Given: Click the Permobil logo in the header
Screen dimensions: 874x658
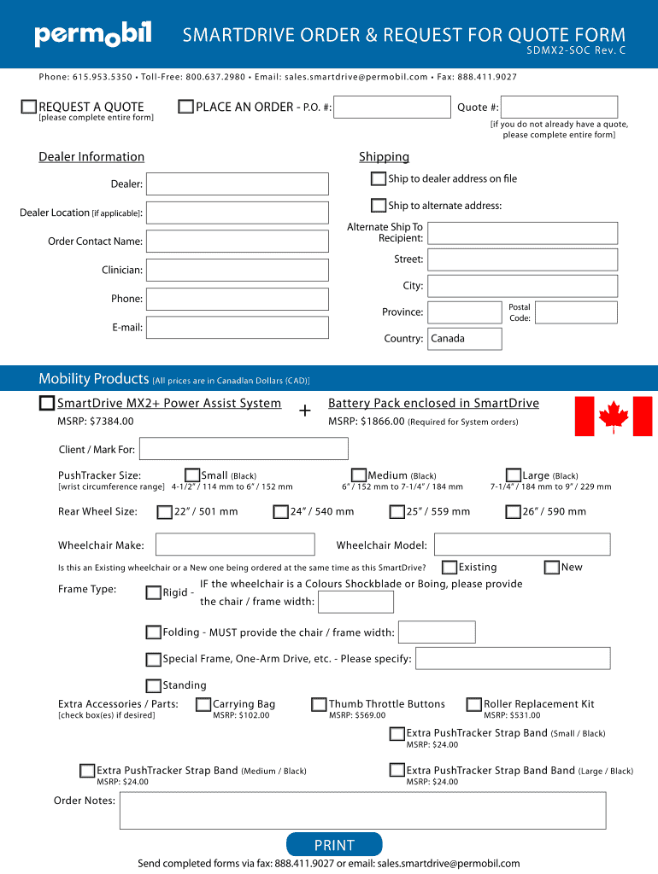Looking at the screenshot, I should [x=92, y=35].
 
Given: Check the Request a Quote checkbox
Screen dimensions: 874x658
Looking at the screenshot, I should [x=29, y=107].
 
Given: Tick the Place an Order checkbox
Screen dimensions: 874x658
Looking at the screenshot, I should [x=185, y=107].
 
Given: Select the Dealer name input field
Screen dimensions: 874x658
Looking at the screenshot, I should [x=237, y=184].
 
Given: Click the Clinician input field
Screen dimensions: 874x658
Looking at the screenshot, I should [x=237, y=270].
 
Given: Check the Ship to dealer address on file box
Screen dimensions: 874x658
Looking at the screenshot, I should [x=379, y=178].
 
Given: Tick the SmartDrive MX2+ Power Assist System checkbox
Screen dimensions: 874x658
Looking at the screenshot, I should [x=47, y=404].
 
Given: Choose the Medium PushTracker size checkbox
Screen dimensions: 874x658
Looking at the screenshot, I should [x=359, y=475].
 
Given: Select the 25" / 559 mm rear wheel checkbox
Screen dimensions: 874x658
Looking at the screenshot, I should [x=397, y=512].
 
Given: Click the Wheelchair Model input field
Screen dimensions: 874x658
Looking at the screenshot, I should [x=522, y=545].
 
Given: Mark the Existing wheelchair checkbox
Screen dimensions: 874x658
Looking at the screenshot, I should [x=449, y=567].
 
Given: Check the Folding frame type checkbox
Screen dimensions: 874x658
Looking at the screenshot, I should [x=153, y=632].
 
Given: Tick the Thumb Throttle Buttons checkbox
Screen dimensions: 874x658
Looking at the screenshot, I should [x=319, y=704].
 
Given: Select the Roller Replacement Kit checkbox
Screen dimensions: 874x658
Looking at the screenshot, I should [x=473, y=704].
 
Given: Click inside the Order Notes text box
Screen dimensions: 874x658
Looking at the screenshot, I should [x=362, y=810].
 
